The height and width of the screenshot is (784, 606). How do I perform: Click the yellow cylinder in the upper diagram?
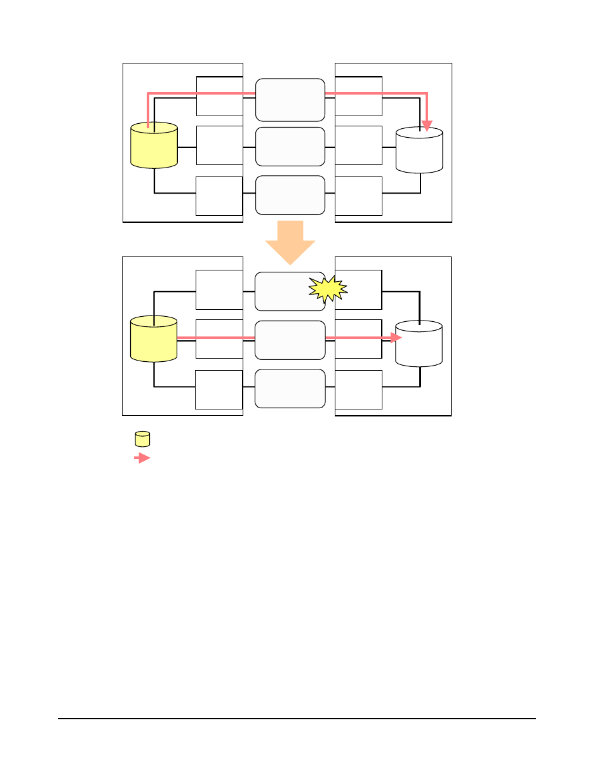[154, 146]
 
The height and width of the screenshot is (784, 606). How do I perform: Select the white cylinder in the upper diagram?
[419, 151]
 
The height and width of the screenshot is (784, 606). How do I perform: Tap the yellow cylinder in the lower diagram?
[154, 340]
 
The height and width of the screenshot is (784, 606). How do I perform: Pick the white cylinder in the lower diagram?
[419, 345]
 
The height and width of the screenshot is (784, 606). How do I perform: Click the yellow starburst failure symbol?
[328, 289]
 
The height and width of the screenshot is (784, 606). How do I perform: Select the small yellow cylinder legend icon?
[142, 439]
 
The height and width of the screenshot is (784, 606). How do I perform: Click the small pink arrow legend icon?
[142, 458]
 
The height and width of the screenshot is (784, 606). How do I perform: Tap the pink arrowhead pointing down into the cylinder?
[427, 125]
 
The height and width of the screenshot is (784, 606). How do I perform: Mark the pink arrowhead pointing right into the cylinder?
[396, 338]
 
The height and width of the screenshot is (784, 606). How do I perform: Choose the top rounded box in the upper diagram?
[290, 100]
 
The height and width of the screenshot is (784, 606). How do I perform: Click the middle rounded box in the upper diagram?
[290, 147]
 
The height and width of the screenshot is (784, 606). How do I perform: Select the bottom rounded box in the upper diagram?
[290, 196]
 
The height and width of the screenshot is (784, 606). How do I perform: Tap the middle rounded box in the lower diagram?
[290, 340]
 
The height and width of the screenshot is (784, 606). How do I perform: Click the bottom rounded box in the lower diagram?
[290, 389]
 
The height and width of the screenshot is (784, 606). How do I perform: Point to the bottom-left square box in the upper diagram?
[219, 196]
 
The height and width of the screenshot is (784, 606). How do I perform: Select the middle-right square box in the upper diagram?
[359, 145]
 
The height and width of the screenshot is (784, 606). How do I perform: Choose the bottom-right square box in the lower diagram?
[359, 390]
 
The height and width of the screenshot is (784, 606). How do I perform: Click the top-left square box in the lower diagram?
[219, 289]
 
